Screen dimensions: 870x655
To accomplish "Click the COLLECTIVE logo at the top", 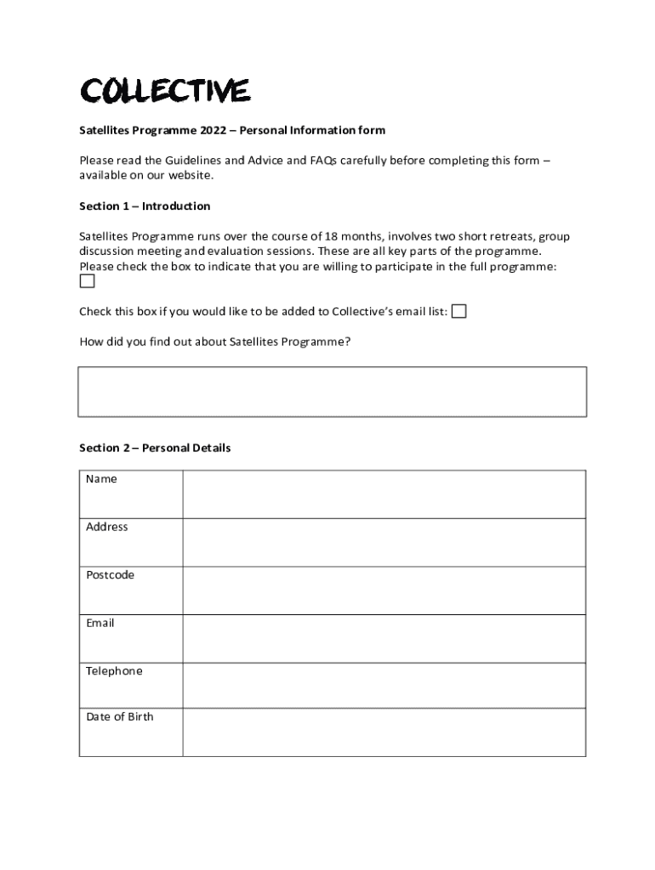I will click(x=164, y=90).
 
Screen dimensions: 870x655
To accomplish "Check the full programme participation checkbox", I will click(x=87, y=282).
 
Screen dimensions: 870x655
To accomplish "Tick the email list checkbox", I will click(x=458, y=311).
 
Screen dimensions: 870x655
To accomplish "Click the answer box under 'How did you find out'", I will click(x=332, y=392).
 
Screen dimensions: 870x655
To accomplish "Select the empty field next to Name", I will click(x=384, y=494).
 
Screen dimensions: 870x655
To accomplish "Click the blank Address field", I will click(x=384, y=542).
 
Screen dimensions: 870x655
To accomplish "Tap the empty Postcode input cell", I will click(x=384, y=590).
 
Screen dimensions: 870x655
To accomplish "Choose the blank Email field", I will click(x=384, y=638).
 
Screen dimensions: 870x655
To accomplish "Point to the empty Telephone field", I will click(x=384, y=685).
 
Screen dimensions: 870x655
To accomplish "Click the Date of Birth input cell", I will click(x=384, y=732).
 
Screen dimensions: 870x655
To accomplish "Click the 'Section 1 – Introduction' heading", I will click(x=145, y=206).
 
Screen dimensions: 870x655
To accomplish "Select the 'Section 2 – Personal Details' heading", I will click(x=155, y=448).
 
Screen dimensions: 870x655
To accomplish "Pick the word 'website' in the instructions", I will click(x=191, y=175).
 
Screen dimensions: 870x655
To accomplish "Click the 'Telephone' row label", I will click(x=114, y=671).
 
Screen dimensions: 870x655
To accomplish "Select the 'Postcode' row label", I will click(x=110, y=575).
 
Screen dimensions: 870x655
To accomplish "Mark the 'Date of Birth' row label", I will click(x=120, y=717).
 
